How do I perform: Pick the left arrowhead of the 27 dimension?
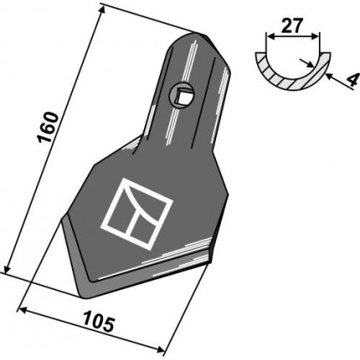pyautogui.click(x=268, y=37)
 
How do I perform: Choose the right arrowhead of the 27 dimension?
pyautogui.click(x=318, y=37)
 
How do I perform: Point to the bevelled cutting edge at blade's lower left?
pyautogui.click(x=71, y=251)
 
